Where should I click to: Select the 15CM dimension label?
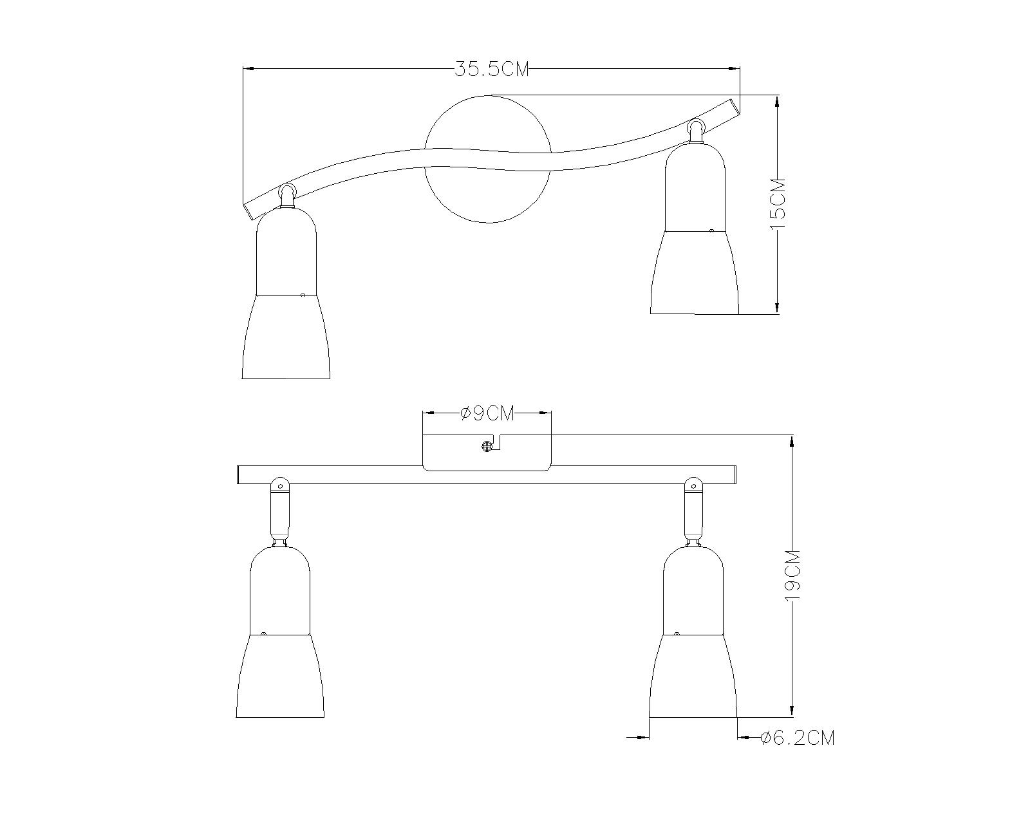(x=778, y=204)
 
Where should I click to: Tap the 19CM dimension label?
(x=793, y=576)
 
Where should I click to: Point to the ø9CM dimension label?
(x=487, y=413)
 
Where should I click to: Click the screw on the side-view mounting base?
(x=487, y=447)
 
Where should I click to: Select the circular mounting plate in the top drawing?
(x=488, y=159)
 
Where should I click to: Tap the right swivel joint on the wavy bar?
(x=696, y=131)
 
